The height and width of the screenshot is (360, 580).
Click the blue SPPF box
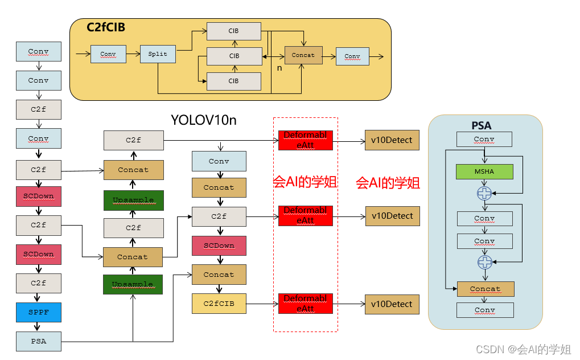coord(39,312)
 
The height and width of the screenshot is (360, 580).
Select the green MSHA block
coord(484,171)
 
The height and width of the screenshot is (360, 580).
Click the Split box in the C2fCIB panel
coord(158,54)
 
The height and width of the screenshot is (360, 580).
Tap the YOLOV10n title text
coord(204,120)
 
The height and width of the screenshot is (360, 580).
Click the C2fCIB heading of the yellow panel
coord(106,27)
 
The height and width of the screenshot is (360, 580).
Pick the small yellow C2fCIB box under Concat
coord(219,304)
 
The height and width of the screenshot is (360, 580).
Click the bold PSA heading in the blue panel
coord(482,125)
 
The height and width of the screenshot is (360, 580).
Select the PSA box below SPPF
coord(39,342)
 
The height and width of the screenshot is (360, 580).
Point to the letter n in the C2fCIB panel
coord(279,68)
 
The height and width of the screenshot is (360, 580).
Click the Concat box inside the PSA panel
coord(486,289)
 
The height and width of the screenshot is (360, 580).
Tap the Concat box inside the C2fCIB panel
coord(303,55)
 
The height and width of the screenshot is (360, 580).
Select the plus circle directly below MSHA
coord(484,194)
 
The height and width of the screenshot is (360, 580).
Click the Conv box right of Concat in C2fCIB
coord(352,56)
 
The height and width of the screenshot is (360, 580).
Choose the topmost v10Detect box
coord(392,140)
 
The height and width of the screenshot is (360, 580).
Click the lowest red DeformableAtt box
coord(305,304)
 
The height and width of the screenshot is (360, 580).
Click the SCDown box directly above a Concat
coord(219,246)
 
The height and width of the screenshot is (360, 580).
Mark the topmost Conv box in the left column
coord(39,51)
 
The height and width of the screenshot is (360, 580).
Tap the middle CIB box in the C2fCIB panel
coord(234,56)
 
